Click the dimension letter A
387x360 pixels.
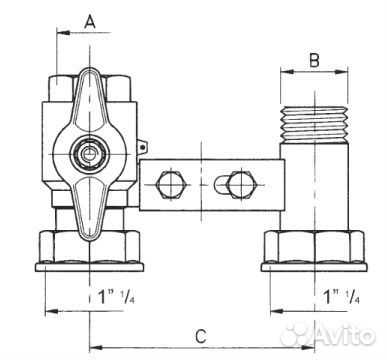[90, 22]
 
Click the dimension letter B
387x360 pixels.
[314, 61]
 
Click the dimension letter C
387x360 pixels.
[201, 337]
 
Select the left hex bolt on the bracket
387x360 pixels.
[170, 184]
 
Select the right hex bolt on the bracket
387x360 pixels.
[242, 184]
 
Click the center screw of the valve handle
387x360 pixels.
[89, 154]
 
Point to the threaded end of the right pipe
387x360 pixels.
[315, 122]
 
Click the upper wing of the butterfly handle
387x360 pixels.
[90, 100]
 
